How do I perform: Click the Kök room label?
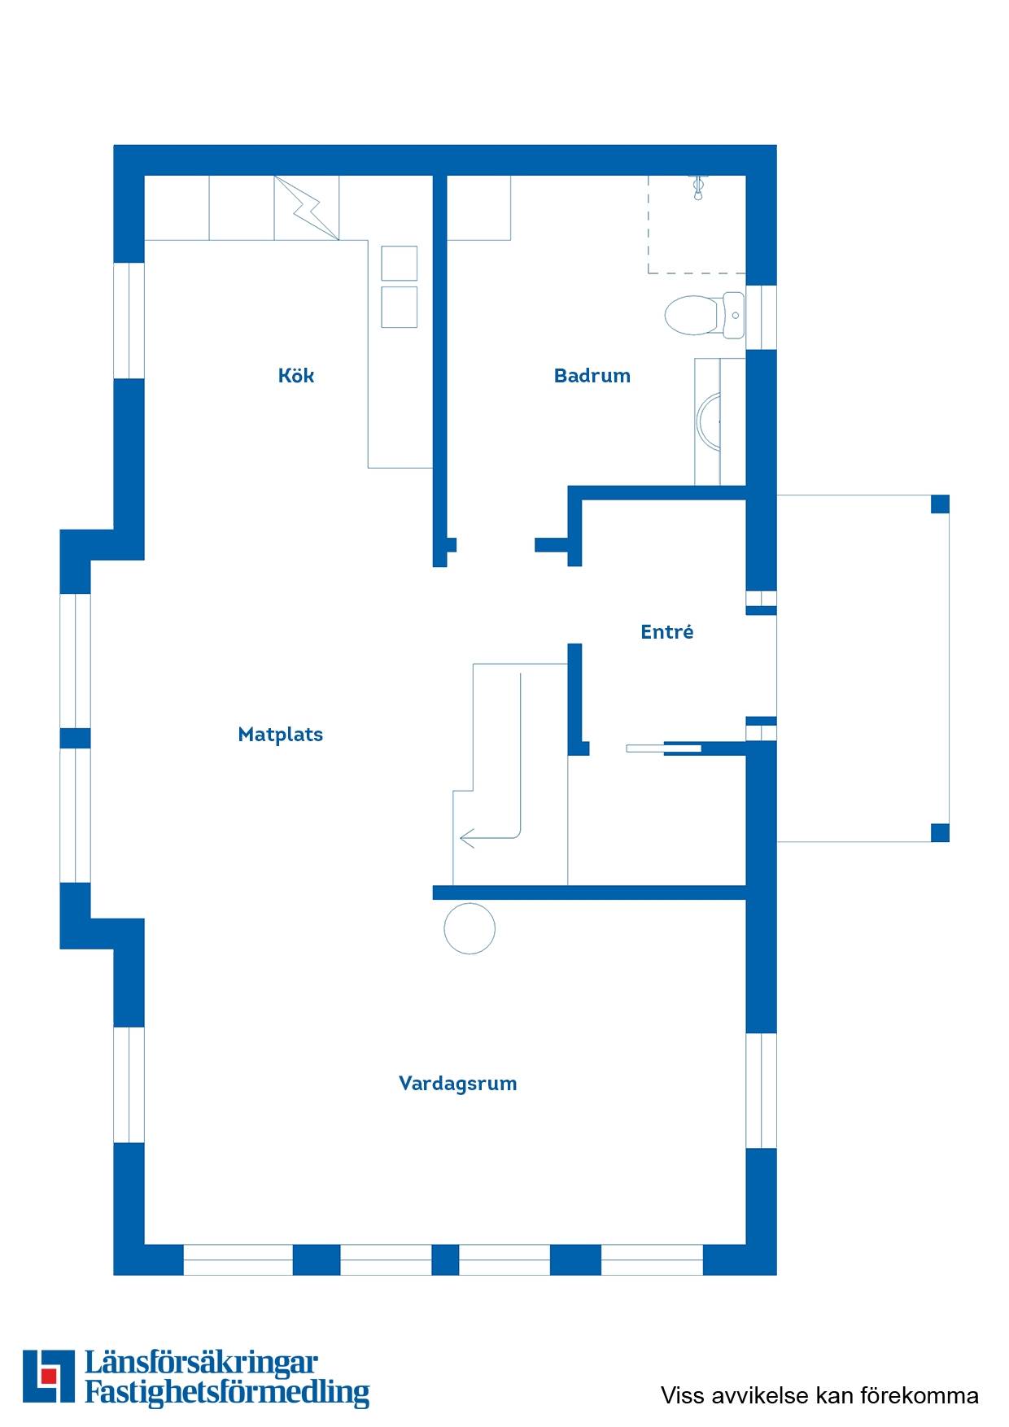click(x=296, y=375)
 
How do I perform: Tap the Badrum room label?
click(x=592, y=375)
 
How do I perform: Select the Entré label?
click(x=667, y=631)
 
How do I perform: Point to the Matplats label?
click(x=281, y=735)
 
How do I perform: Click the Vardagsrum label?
click(x=458, y=1084)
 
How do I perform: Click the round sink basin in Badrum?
click(x=710, y=421)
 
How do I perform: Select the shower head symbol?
click(x=697, y=187)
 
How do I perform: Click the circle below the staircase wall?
click(x=470, y=928)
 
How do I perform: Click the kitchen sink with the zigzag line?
click(x=307, y=207)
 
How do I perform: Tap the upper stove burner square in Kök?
click(x=399, y=264)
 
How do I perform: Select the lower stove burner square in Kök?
click(x=399, y=307)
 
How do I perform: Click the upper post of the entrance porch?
click(x=940, y=504)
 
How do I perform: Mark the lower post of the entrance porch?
click(x=940, y=832)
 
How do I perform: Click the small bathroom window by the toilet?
click(x=762, y=317)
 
